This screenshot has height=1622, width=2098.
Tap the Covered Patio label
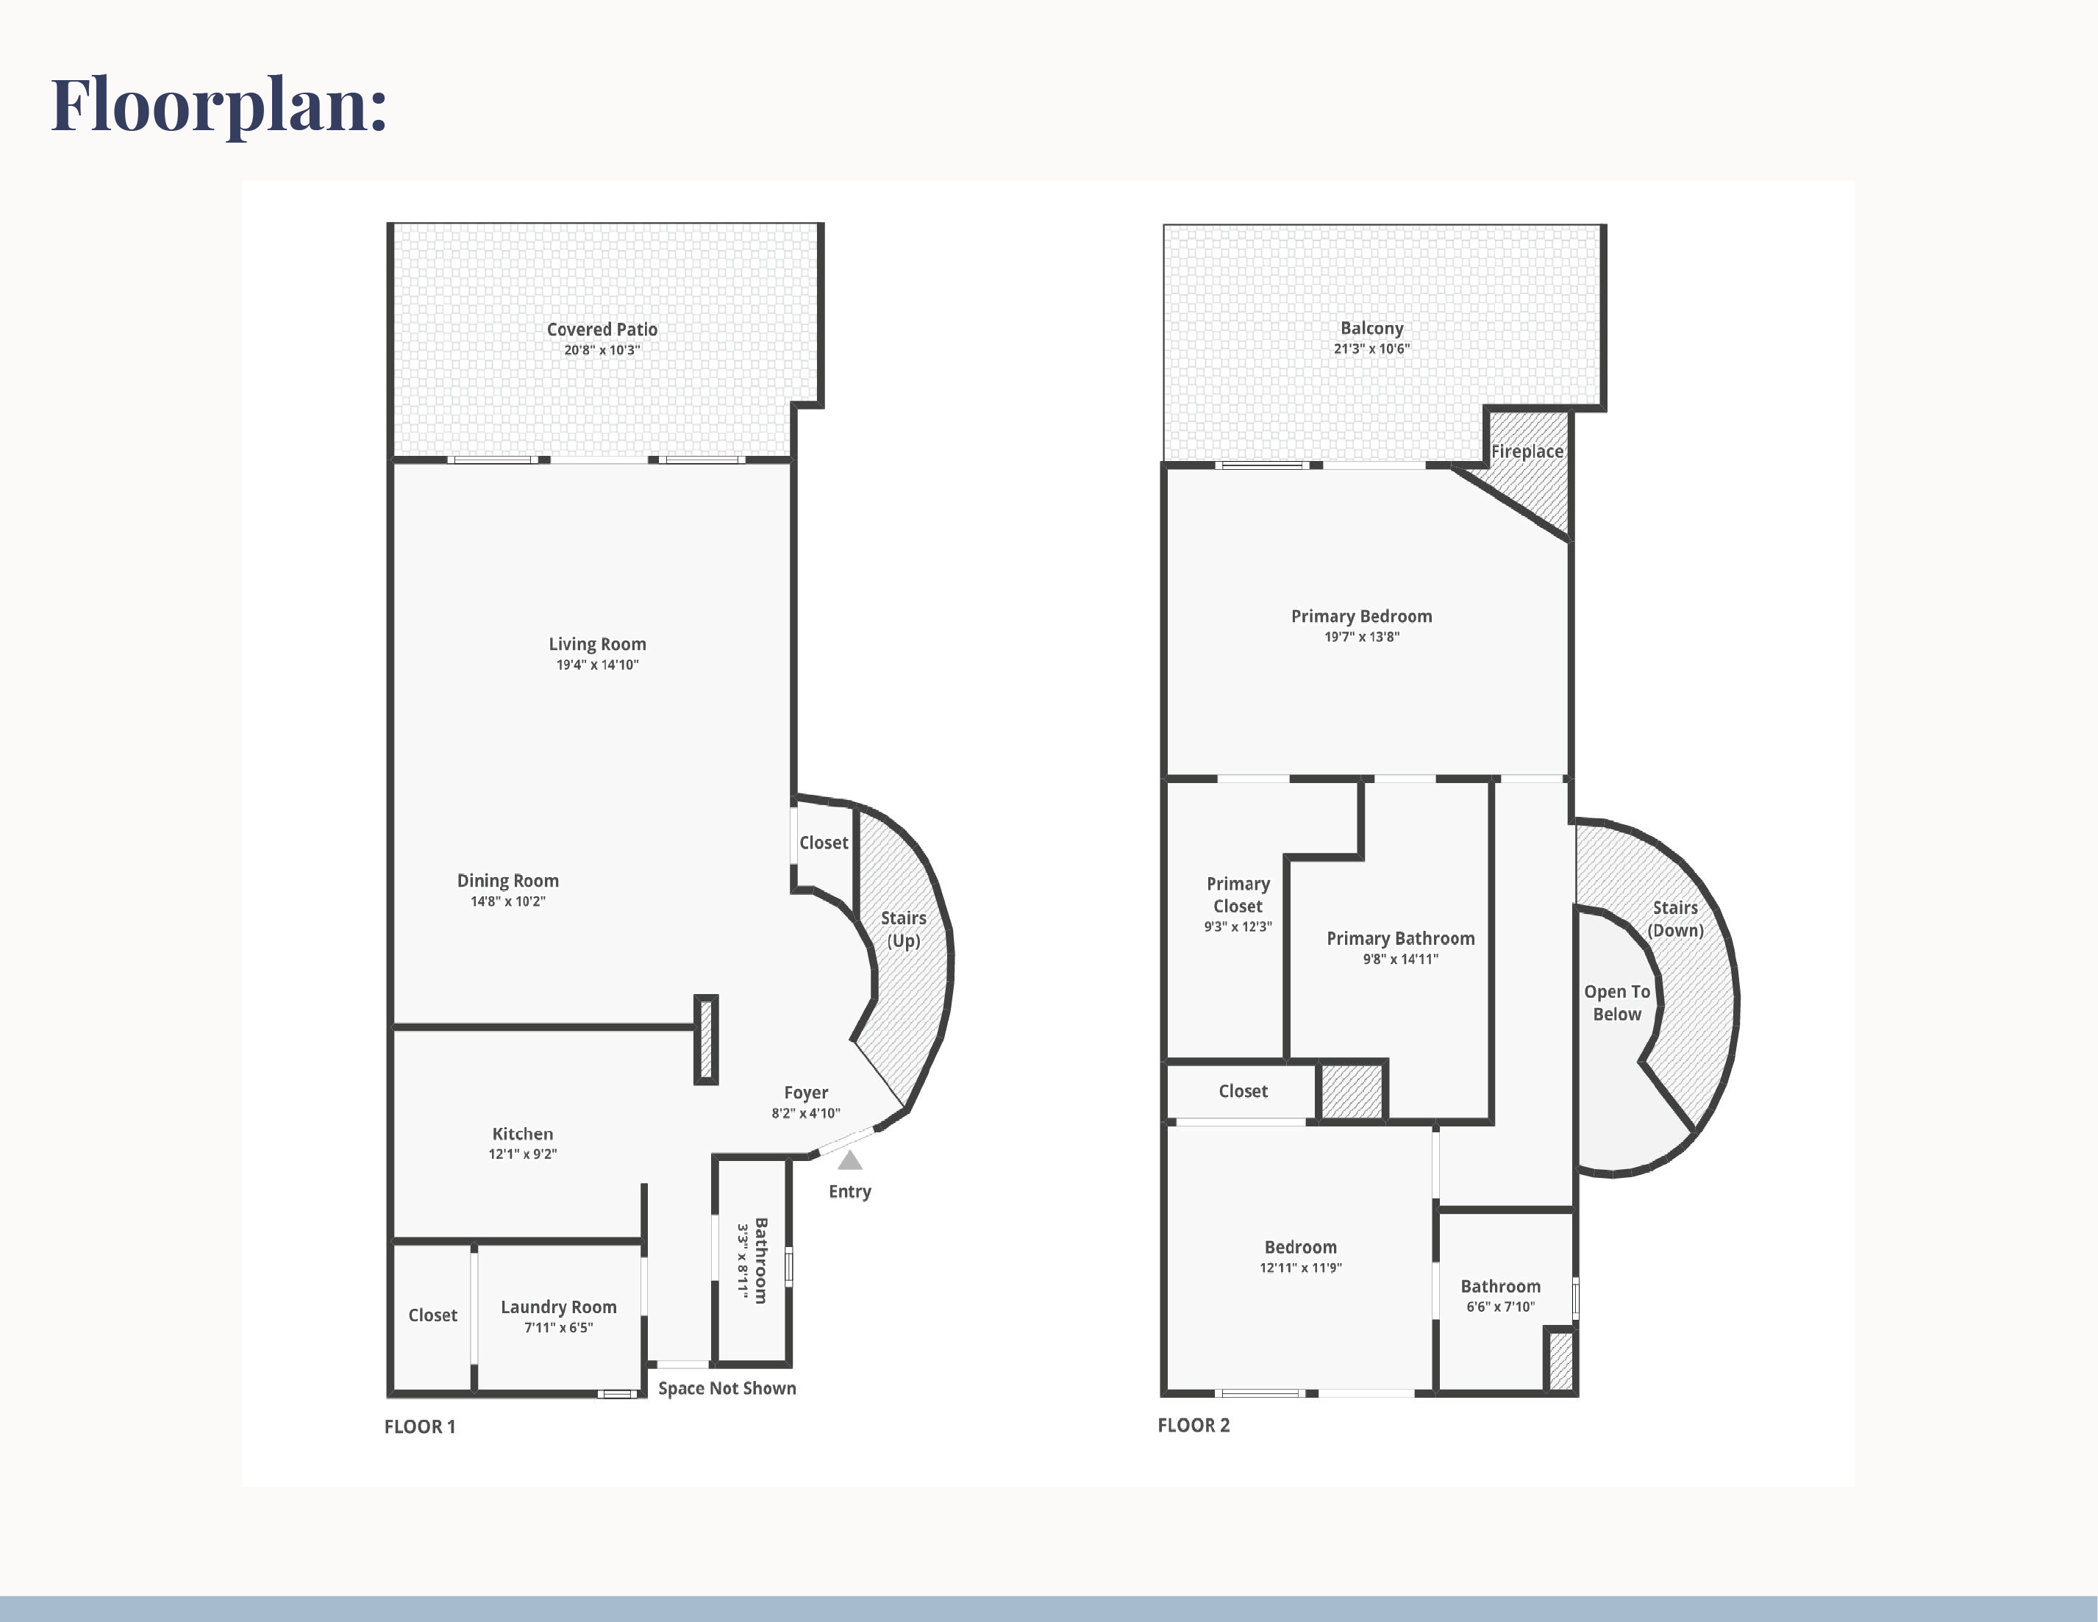602,329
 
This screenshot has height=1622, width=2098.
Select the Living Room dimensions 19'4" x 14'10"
598,665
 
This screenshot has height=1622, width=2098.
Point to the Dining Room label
507,881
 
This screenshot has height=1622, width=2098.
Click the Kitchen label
523,1135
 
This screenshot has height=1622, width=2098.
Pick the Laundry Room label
559,1307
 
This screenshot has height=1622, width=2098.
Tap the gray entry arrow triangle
850,1160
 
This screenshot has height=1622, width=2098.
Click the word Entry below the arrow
850,1192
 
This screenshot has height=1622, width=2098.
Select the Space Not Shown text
727,1389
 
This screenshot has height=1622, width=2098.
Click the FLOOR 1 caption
420,1427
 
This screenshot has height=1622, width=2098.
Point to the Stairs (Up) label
904,929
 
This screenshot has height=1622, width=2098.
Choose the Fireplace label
1527,451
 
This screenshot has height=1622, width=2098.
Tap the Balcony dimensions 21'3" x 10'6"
1371,349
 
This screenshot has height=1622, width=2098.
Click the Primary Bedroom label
1361,617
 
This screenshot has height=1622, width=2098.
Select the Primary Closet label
1238,895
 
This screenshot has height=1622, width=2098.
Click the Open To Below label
1618,1003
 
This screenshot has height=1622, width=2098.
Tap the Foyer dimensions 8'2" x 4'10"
806,1113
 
